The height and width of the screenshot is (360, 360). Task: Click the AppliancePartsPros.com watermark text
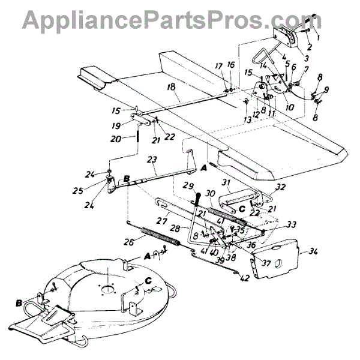(180, 19)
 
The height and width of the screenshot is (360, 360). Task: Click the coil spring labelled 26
(160, 235)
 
